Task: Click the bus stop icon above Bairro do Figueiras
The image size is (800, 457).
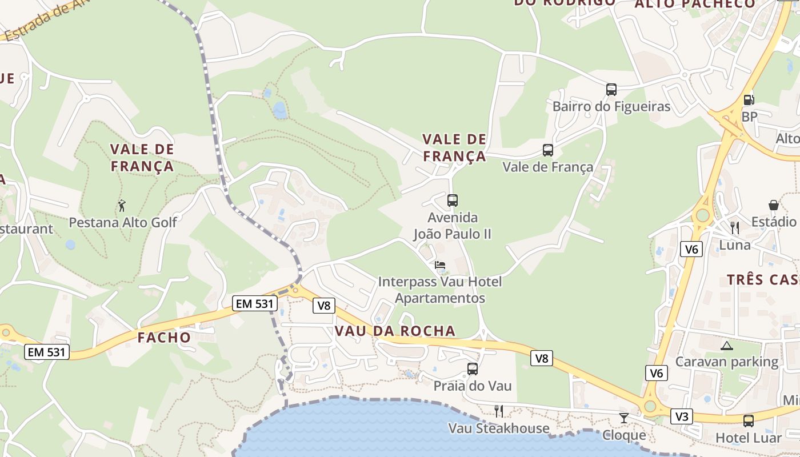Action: [x=611, y=90]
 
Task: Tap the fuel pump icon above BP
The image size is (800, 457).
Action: [x=748, y=99]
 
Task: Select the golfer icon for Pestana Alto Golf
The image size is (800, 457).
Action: [x=122, y=206]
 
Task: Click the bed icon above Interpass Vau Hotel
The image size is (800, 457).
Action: [x=440, y=265]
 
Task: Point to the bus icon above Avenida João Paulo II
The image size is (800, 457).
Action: [x=452, y=201]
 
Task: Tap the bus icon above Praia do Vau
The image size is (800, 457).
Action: [x=472, y=369]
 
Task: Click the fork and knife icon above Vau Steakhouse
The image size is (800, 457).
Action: [x=498, y=411]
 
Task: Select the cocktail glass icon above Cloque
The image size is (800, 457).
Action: [x=624, y=418]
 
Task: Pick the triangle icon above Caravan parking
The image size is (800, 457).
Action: [x=726, y=346]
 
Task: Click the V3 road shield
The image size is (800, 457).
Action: [x=682, y=416]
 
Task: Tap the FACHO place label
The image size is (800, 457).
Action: [x=164, y=338]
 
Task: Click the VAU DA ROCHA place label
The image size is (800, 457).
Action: [x=395, y=331]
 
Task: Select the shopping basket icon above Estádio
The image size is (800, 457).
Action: [x=773, y=205]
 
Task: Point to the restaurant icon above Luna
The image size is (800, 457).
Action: [x=735, y=228]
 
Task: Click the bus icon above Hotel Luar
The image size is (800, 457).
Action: [x=748, y=421]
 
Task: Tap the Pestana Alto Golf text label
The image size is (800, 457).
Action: [x=123, y=222]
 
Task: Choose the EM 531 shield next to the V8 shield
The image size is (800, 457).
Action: [x=255, y=304]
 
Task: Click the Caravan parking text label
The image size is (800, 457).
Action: [x=726, y=362]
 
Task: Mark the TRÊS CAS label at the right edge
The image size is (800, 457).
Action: [x=763, y=280]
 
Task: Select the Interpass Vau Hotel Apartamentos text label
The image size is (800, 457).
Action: [x=440, y=290]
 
